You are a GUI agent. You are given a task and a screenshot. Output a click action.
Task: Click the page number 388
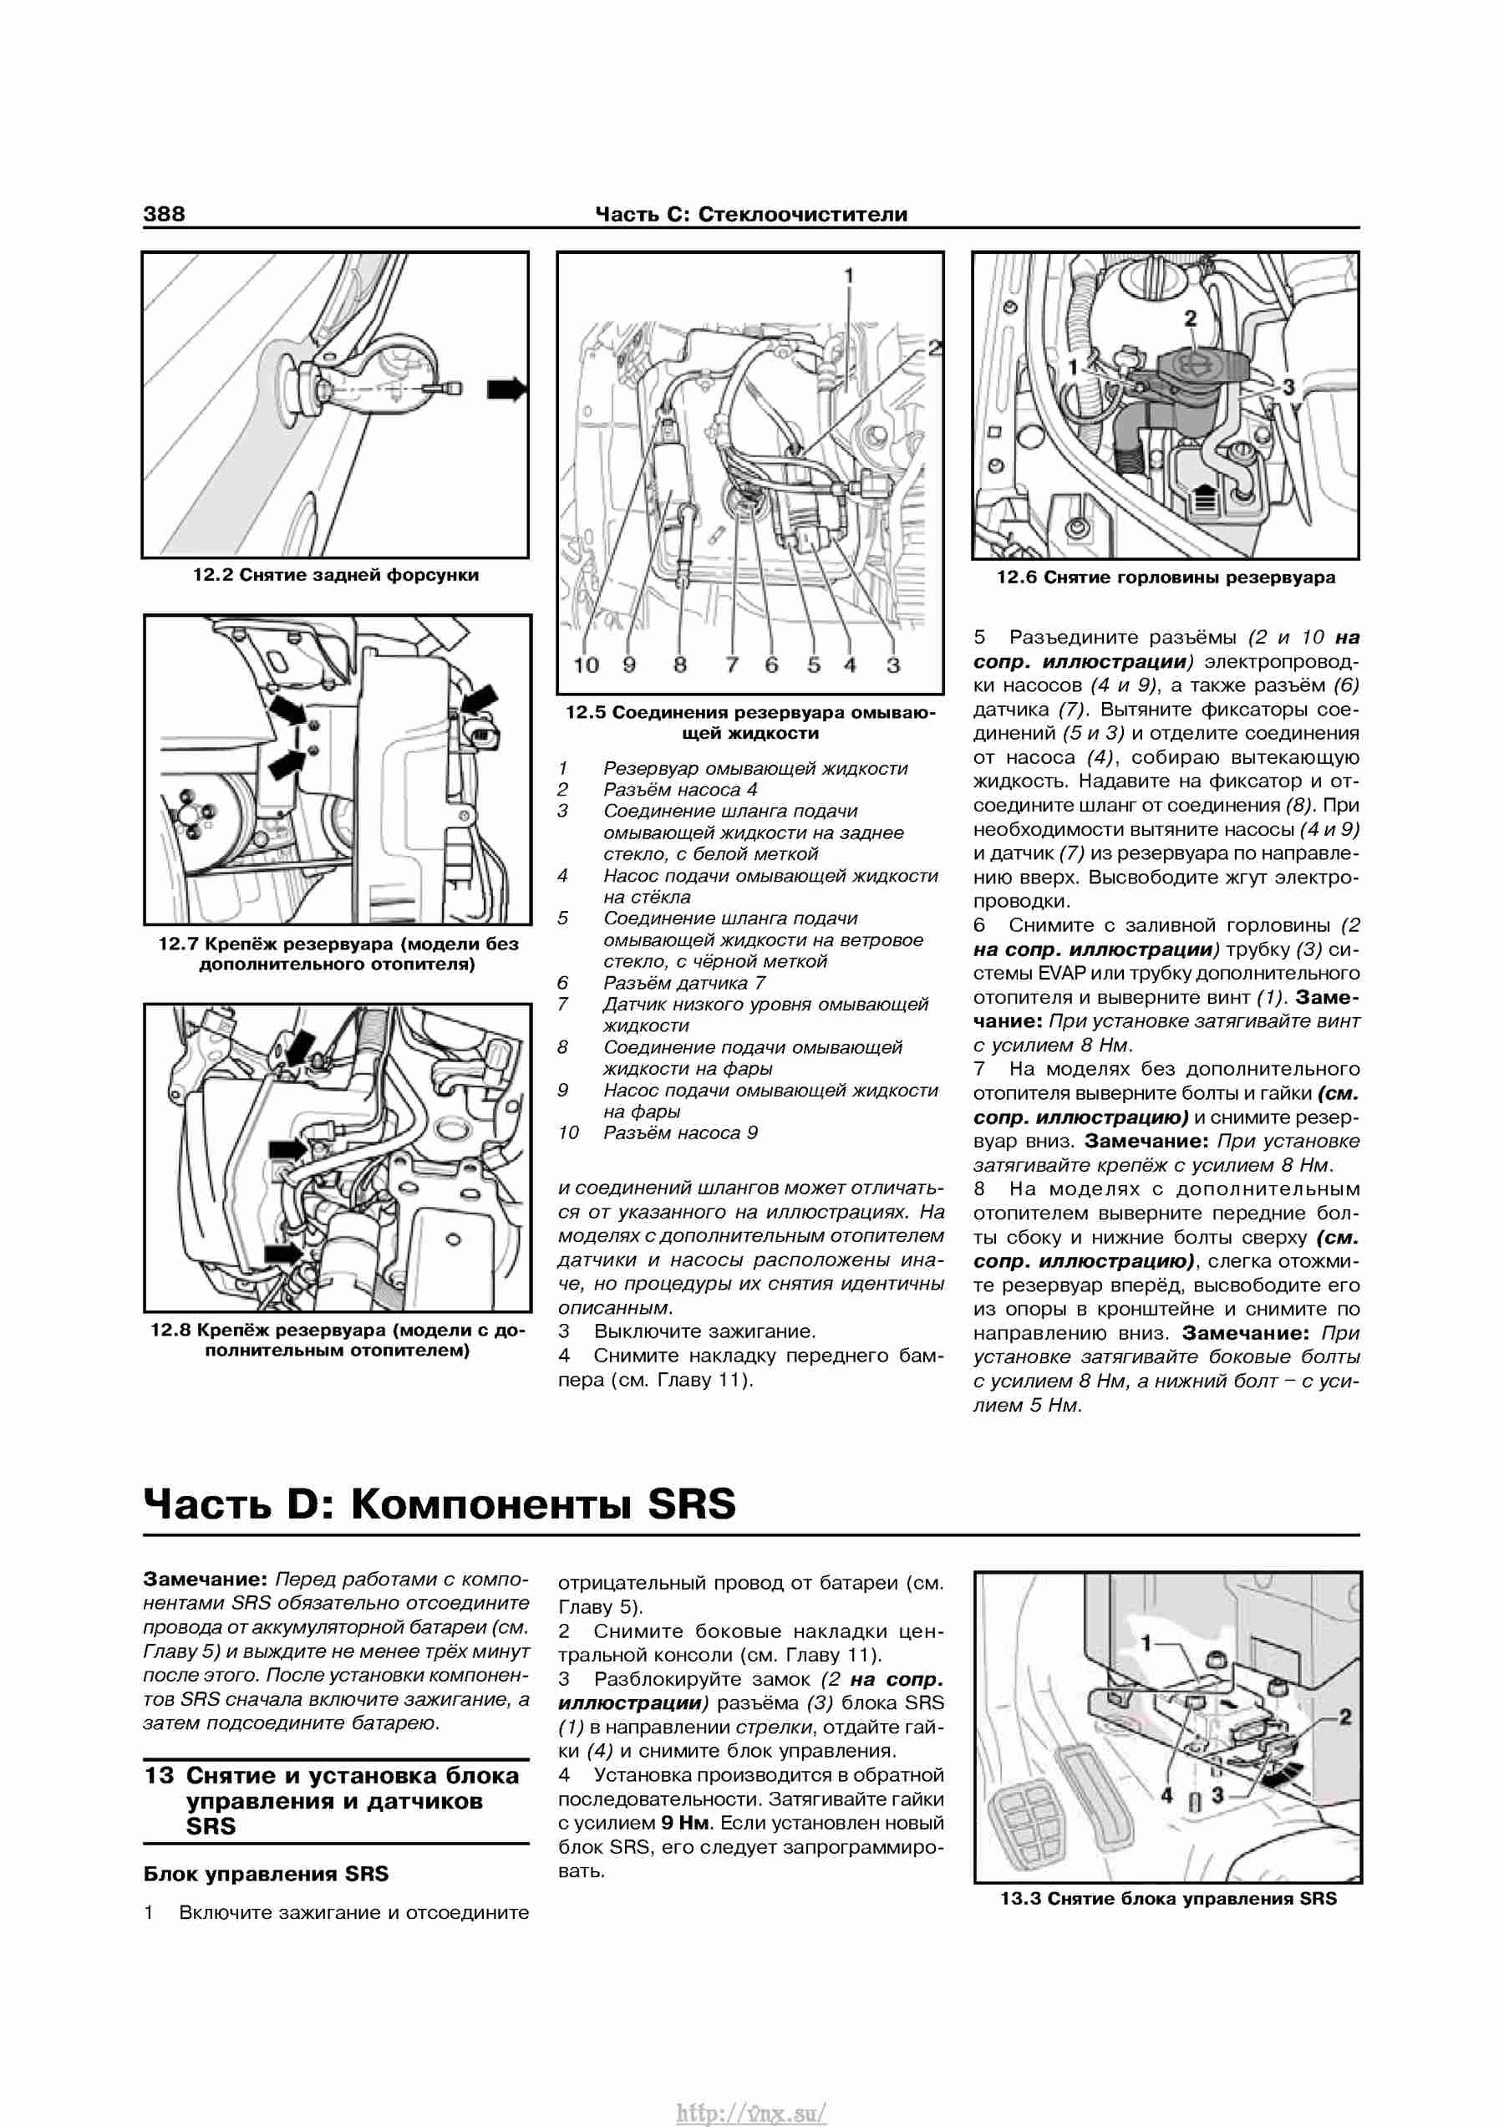pyautogui.click(x=164, y=214)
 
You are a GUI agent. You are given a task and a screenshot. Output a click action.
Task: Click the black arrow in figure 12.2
pyautogui.click(x=506, y=389)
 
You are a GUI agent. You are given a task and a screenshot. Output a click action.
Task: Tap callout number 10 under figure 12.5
pyautogui.click(x=587, y=665)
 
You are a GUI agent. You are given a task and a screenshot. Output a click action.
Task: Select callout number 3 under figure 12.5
pyautogui.click(x=892, y=665)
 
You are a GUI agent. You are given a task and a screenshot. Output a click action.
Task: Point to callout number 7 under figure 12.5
pyautogui.click(x=733, y=665)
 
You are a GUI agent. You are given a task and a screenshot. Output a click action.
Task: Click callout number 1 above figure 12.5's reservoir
pyautogui.click(x=848, y=275)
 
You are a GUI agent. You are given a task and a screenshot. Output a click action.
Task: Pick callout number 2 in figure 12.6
pyautogui.click(x=1190, y=318)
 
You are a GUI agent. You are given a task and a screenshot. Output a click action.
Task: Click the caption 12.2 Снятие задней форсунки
pyautogui.click(x=336, y=575)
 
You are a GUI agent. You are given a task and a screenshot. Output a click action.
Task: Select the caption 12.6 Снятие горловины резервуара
pyautogui.click(x=1166, y=578)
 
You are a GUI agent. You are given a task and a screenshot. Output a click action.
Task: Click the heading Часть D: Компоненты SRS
pyautogui.click(x=440, y=1504)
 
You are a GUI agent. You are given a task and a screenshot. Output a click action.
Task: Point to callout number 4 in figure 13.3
pyautogui.click(x=1167, y=1795)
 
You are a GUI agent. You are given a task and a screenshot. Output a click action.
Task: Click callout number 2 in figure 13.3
pyautogui.click(x=1345, y=1717)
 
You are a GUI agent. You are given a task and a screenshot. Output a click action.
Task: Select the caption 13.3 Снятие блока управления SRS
pyautogui.click(x=1168, y=1899)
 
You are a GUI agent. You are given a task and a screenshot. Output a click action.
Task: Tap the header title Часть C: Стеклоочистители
pyautogui.click(x=751, y=215)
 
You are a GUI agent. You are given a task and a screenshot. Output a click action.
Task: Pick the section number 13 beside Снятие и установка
pyautogui.click(x=159, y=1776)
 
